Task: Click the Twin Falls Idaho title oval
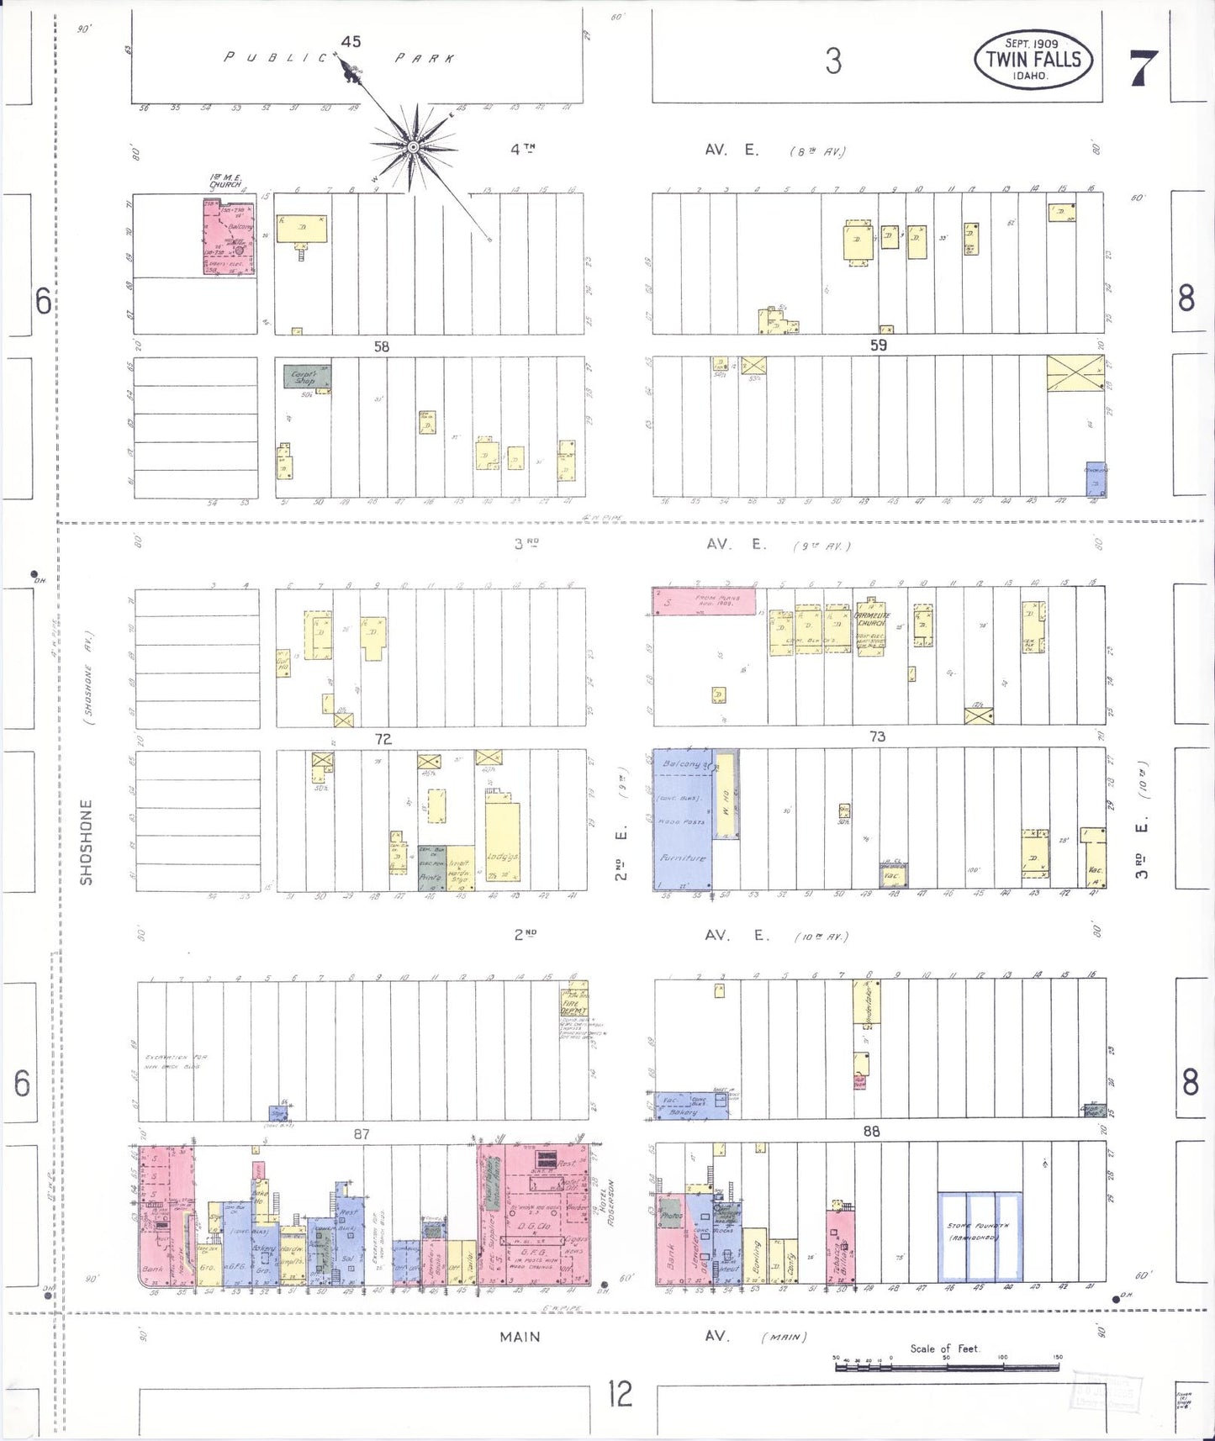(x=1033, y=60)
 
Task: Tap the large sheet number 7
(x=1144, y=67)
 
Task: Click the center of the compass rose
(x=413, y=148)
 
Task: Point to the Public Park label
(x=340, y=58)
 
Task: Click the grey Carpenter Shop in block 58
(x=306, y=377)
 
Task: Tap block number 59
(x=878, y=345)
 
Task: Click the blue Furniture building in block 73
(x=683, y=820)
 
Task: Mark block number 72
(x=383, y=739)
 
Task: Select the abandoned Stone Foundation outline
(x=980, y=1237)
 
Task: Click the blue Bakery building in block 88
(x=691, y=1106)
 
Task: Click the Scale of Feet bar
(x=946, y=1368)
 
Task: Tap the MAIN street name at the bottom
(x=520, y=1337)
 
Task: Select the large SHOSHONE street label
(x=86, y=842)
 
